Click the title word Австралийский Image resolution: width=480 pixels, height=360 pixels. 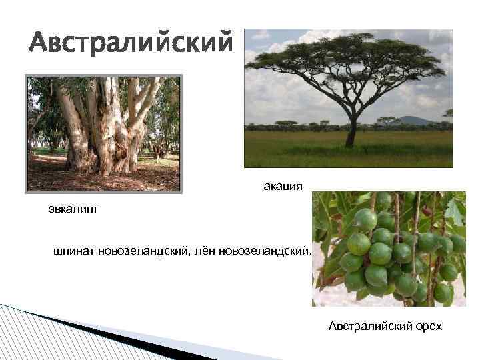coord(131,43)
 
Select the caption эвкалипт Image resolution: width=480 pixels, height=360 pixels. coord(73,209)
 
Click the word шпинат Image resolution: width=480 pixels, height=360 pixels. coord(74,251)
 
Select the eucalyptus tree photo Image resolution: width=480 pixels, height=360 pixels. coord(103,133)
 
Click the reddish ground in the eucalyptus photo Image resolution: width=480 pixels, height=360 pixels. coord(60,177)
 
